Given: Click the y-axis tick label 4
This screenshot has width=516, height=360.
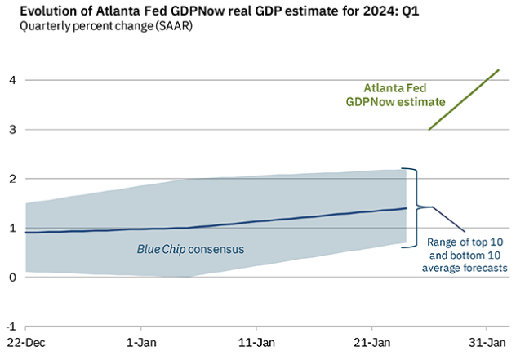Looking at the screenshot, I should pos(11,80).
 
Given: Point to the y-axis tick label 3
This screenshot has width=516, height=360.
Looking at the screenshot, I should pos(11,129).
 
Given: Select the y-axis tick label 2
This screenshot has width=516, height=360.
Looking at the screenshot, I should pos(11,179).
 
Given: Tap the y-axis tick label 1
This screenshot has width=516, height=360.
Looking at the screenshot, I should pos(11,228).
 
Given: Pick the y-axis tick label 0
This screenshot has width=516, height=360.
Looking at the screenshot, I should pos(11,278).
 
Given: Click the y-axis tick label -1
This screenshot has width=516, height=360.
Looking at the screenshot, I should pos(10,327).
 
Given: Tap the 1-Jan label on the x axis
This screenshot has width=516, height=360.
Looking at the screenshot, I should pos(140,343).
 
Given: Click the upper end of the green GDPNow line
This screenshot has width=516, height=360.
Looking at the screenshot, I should pos(499,70).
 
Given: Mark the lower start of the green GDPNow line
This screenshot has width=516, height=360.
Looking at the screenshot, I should pos(429,129).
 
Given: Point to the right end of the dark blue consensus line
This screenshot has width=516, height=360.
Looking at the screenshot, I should pos(407,208).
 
